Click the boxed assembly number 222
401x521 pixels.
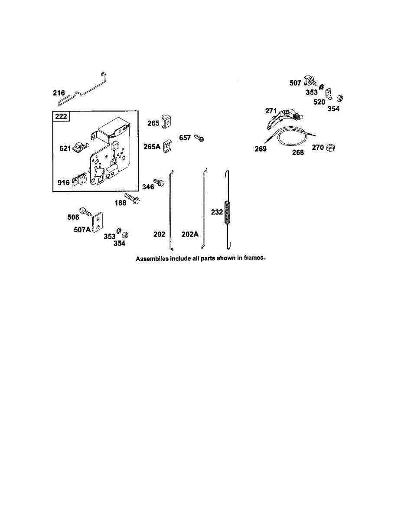[x=61, y=116]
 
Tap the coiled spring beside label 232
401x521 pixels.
[x=226, y=212]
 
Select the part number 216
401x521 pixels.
[x=59, y=93]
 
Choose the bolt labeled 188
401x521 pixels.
[x=133, y=200]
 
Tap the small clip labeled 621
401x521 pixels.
[x=79, y=147]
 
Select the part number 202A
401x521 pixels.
[x=190, y=234]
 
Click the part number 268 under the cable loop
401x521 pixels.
[x=298, y=152]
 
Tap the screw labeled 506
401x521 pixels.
[x=86, y=212]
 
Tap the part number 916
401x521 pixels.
[x=63, y=183]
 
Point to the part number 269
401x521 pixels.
[x=261, y=149]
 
